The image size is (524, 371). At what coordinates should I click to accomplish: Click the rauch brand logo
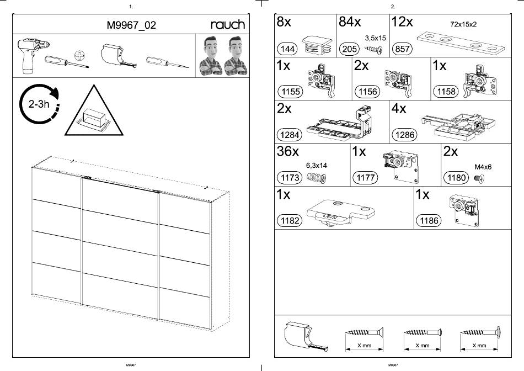228,24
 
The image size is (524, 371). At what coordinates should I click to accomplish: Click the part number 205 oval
350,49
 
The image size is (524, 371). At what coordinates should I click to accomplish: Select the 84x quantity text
350,23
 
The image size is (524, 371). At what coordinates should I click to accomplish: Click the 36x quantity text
288,152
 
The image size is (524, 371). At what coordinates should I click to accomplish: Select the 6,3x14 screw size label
316,165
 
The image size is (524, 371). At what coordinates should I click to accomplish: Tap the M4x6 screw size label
483,166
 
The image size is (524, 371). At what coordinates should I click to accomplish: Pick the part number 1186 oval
429,221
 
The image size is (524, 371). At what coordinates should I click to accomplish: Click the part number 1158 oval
446,91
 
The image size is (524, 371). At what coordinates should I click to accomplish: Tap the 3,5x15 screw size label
375,38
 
